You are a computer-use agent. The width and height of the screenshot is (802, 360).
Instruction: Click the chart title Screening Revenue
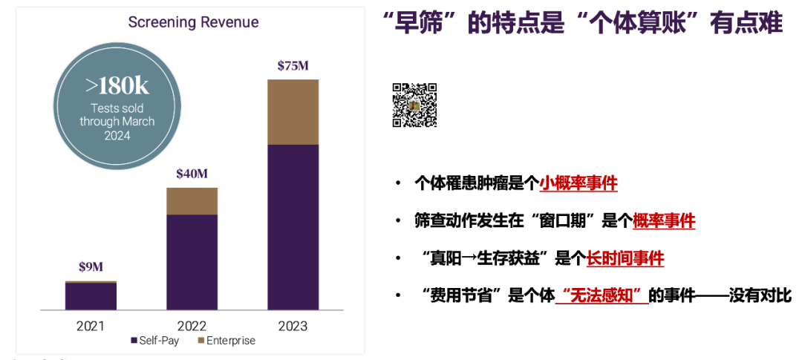tap(193, 22)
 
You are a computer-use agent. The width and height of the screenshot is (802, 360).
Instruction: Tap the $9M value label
tap(91, 267)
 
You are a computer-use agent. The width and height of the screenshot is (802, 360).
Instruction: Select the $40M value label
tap(192, 174)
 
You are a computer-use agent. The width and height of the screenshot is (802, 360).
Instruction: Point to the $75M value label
tap(293, 65)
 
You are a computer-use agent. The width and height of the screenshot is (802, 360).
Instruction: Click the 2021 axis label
tap(91, 326)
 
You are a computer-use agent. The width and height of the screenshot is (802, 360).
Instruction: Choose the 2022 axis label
tap(192, 326)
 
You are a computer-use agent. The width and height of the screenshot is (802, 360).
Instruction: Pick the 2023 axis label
tap(293, 326)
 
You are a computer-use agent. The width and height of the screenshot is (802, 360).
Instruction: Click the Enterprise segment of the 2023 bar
tap(293, 112)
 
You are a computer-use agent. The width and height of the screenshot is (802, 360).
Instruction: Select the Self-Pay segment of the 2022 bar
tap(192, 262)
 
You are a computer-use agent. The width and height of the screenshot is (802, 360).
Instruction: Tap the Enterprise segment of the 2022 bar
tap(192, 201)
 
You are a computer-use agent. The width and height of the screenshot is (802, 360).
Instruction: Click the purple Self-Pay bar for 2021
tap(91, 296)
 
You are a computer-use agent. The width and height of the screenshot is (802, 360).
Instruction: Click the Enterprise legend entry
tap(226, 341)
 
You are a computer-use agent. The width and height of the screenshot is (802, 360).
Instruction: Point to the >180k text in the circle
tap(117, 86)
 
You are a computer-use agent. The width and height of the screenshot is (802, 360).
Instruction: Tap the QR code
tap(414, 105)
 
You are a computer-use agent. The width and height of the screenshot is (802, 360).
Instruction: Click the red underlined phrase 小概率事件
tap(578, 183)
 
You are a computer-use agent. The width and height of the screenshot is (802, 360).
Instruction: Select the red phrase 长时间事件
tap(625, 258)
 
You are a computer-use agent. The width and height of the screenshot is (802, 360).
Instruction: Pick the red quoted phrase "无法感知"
tap(602, 295)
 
